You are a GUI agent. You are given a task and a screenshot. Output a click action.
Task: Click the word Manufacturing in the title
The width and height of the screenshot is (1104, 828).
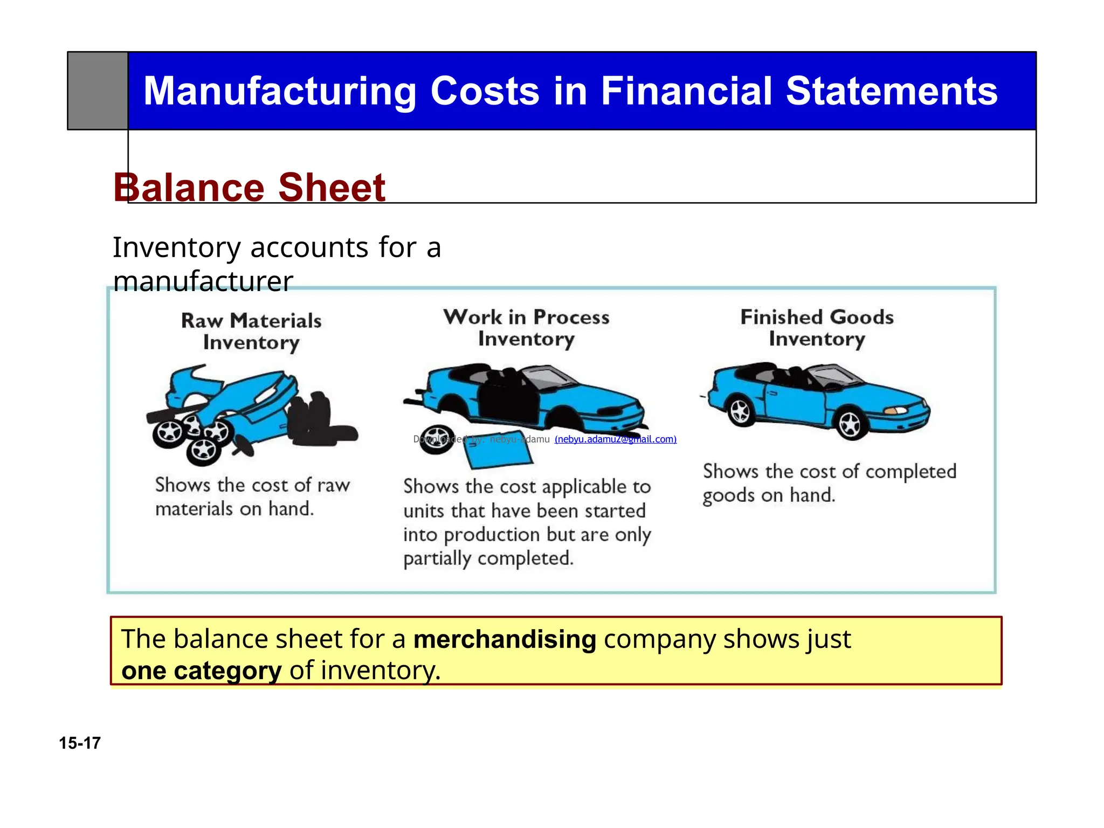(279, 91)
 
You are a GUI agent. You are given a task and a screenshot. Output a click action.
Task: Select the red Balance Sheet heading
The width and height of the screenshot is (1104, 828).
(249, 188)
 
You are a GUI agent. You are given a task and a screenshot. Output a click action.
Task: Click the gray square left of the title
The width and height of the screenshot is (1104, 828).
(98, 91)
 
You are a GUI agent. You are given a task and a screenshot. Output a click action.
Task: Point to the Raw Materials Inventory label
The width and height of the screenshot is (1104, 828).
(251, 332)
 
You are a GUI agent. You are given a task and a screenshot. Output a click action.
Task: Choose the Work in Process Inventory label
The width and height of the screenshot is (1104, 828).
(526, 328)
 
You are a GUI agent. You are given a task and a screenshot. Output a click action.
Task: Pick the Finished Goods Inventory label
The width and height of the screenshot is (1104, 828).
(817, 328)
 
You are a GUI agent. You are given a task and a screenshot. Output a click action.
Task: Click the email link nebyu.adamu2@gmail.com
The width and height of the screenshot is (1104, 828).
(615, 439)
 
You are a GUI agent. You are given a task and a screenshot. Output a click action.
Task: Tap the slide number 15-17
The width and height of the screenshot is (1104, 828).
(80, 743)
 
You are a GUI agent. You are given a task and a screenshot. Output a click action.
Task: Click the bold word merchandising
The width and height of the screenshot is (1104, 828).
(505, 640)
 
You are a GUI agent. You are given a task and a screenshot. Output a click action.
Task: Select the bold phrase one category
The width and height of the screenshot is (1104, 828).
(201, 671)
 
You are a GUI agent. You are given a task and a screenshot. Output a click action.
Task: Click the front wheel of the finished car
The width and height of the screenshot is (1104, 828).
(850, 424)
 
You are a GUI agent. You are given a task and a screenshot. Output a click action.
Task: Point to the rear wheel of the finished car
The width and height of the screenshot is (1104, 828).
(740, 411)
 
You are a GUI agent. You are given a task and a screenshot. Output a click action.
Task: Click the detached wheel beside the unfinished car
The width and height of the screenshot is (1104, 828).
(437, 439)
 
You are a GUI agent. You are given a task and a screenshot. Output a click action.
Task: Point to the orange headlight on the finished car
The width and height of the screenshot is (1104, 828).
(895, 411)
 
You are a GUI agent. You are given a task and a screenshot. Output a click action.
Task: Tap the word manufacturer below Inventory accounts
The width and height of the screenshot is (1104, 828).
(203, 281)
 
